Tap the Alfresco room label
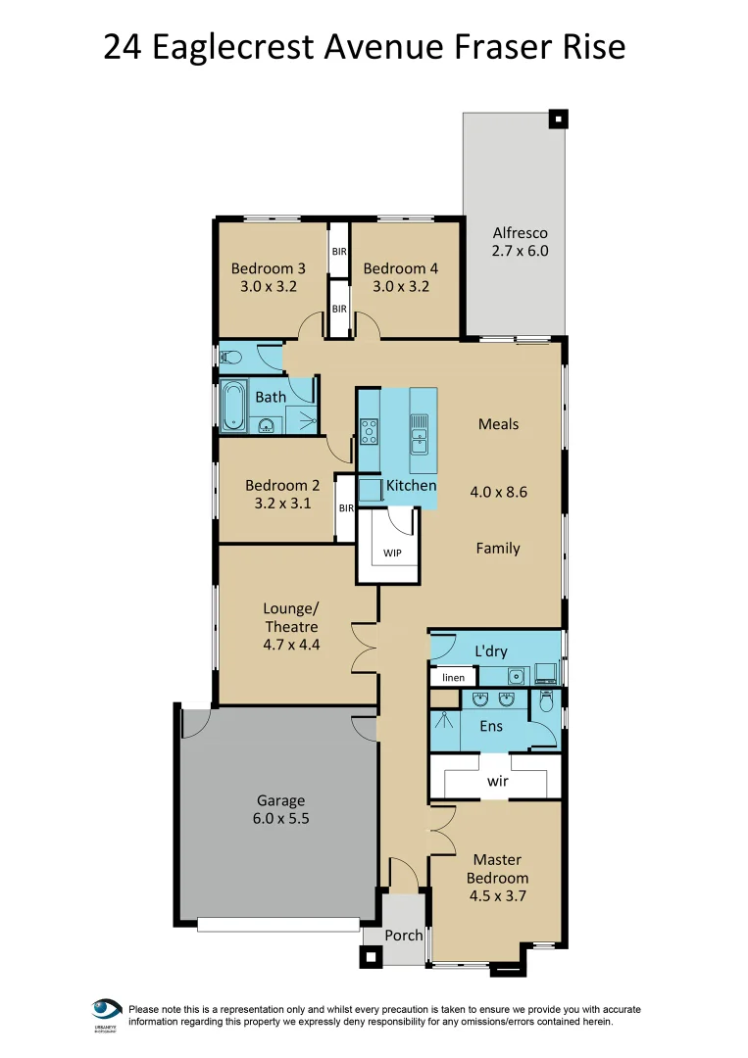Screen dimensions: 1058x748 click(x=520, y=233)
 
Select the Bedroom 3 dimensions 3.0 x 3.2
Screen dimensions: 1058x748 click(x=269, y=287)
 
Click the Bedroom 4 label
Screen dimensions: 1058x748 click(x=400, y=268)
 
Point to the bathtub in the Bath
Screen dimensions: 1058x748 click(x=234, y=407)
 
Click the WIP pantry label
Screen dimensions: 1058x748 click(x=392, y=553)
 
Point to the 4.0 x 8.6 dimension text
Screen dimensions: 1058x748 click(x=498, y=492)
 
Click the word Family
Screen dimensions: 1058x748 click(x=498, y=549)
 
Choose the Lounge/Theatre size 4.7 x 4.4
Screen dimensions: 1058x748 click(x=291, y=645)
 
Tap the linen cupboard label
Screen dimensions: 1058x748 click(x=453, y=677)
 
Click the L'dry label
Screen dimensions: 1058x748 click(x=491, y=651)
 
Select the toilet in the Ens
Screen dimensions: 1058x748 click(x=547, y=701)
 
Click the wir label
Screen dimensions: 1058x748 click(x=498, y=783)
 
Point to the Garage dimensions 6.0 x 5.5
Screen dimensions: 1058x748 click(x=281, y=819)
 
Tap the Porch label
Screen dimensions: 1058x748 click(x=403, y=935)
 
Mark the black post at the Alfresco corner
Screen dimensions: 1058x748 click(x=557, y=120)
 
